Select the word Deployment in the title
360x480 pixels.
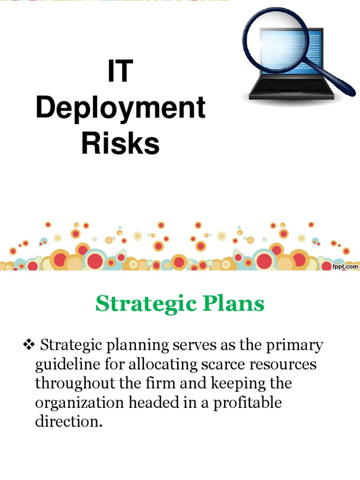[120, 108]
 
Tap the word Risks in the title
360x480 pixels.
[120, 143]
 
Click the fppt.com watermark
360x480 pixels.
[345, 266]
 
